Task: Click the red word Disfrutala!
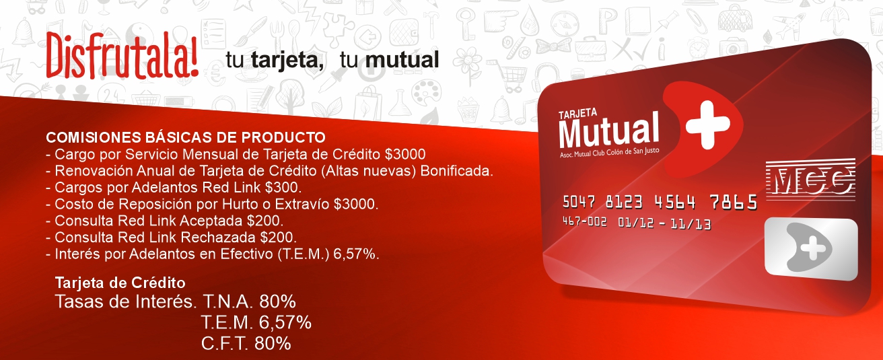coord(122,55)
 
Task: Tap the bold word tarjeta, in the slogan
coord(287,61)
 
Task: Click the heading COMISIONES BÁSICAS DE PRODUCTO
coord(186,137)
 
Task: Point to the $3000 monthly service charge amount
coord(405,154)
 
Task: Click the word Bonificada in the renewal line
coord(457,171)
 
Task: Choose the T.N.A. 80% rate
coord(250,301)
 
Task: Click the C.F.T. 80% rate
coord(246,343)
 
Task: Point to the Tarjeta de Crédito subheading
coord(120,283)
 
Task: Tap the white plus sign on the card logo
coord(707,125)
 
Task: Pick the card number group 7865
coord(734,203)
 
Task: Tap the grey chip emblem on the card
coord(811,248)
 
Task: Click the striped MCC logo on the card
coord(810,180)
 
